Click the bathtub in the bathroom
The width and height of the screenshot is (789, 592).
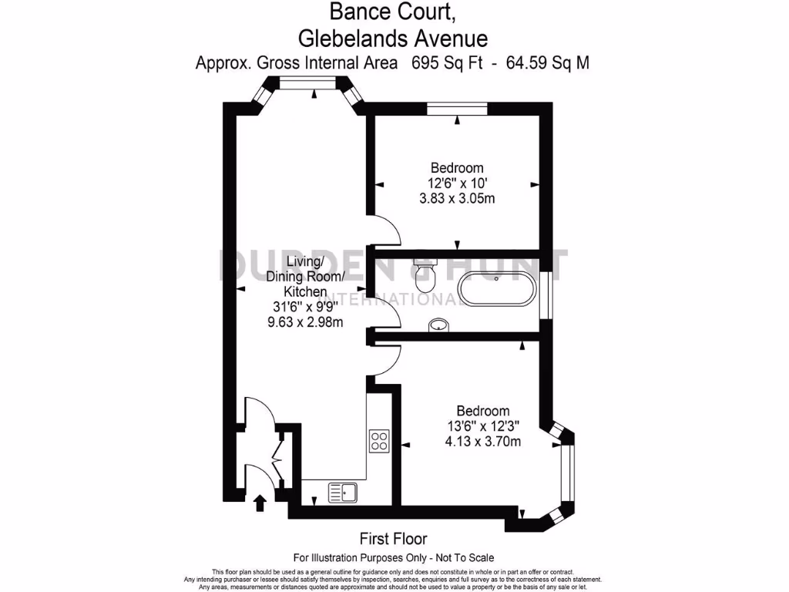pyautogui.click(x=495, y=291)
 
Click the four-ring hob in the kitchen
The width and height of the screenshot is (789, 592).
pyautogui.click(x=379, y=441)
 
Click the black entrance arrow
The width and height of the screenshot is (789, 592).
pyautogui.click(x=260, y=503)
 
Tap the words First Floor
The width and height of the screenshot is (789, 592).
pyautogui.click(x=393, y=539)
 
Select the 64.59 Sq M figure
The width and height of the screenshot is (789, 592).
pyautogui.click(x=547, y=63)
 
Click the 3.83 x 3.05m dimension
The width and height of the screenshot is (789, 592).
pyautogui.click(x=456, y=198)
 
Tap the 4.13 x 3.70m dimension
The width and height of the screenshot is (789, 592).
pyautogui.click(x=483, y=442)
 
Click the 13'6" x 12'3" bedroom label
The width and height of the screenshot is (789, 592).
pyautogui.click(x=483, y=426)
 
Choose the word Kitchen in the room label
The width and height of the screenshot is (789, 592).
pyautogui.click(x=306, y=292)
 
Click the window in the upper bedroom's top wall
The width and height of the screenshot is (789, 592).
pyautogui.click(x=457, y=109)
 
